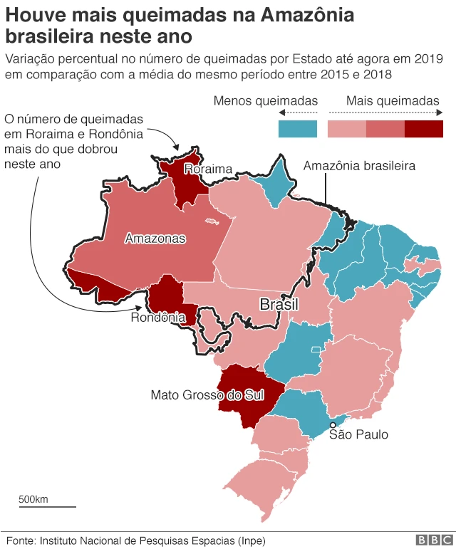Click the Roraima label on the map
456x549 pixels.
[x=208, y=169]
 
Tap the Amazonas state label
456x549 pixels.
[x=155, y=239]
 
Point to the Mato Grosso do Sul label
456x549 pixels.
[x=207, y=394]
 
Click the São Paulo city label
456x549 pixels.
[x=358, y=434]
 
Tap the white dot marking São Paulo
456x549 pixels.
[x=333, y=425]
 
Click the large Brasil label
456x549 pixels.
[x=279, y=305]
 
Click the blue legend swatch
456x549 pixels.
[x=297, y=129]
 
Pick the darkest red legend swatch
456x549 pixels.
[x=424, y=129]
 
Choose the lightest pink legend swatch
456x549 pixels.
[x=346, y=129]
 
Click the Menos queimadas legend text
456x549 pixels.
[x=266, y=101]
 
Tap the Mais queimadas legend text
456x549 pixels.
[x=393, y=101]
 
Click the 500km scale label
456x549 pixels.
[x=33, y=498]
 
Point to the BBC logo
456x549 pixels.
[x=430, y=540]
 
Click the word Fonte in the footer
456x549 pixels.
[x=19, y=540]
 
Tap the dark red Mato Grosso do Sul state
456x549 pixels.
[x=242, y=399]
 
